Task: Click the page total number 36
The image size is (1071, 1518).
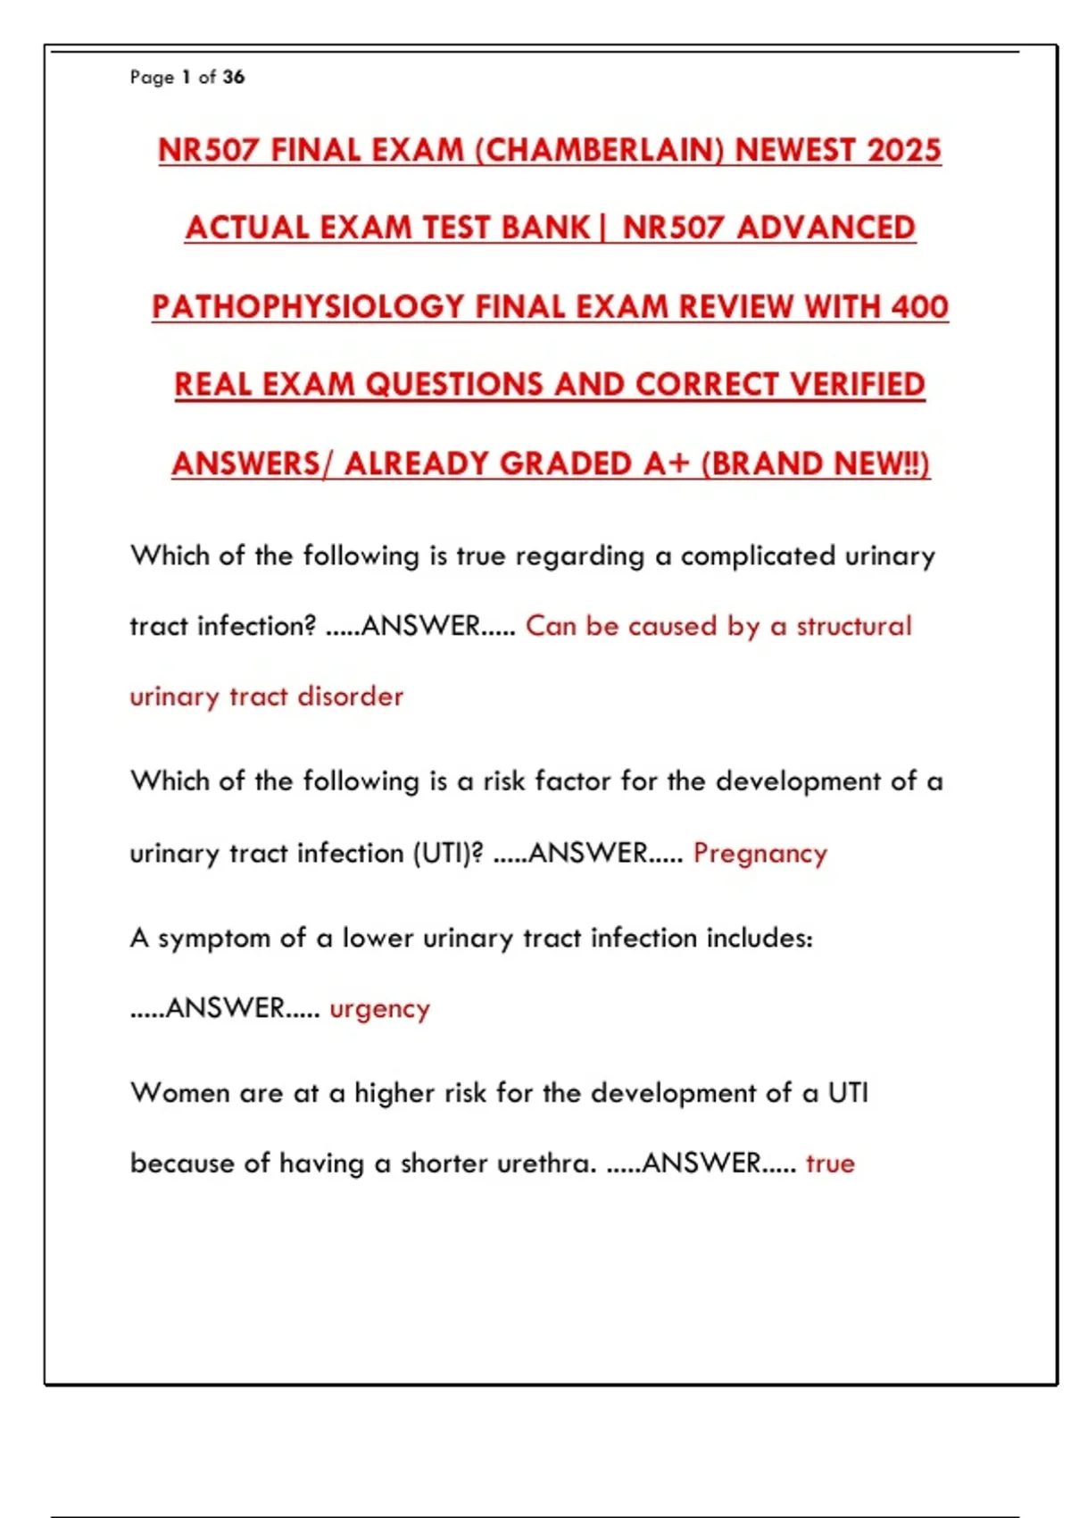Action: (234, 77)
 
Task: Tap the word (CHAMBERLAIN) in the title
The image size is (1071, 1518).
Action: (599, 150)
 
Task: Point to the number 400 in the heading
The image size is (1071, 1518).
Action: (919, 307)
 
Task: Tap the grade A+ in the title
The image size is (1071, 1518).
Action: (666, 464)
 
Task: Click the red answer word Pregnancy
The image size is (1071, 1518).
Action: (760, 854)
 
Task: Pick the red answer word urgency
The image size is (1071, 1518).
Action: (379, 1009)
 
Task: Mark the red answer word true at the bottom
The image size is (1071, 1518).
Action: (830, 1164)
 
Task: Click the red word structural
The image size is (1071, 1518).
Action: (854, 626)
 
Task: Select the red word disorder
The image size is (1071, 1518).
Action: (350, 696)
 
